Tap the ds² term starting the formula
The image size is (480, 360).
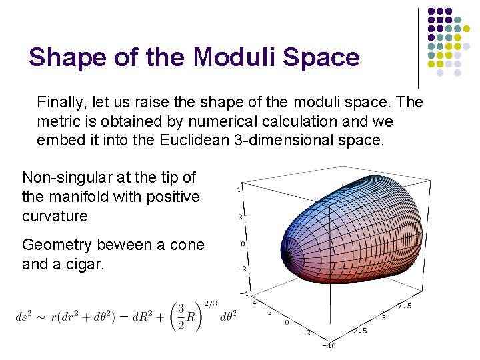click(25, 317)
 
